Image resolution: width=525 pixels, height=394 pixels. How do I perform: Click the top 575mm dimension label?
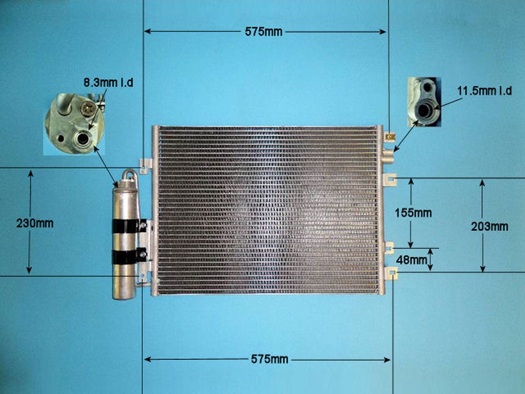pyautogui.click(x=264, y=32)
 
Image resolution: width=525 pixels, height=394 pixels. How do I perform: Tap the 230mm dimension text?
pyautogui.click(x=35, y=224)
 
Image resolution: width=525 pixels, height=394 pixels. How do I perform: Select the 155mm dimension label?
pyautogui.click(x=413, y=213)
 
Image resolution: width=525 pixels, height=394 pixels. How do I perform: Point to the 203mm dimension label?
pyautogui.click(x=490, y=227)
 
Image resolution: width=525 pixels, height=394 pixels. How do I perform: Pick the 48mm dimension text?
pyautogui.click(x=411, y=260)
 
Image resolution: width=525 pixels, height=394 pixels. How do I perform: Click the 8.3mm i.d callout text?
pyautogui.click(x=108, y=83)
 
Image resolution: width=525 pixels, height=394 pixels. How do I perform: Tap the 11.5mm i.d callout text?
pyautogui.click(x=484, y=91)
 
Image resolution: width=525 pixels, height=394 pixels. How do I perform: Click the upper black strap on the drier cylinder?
pyautogui.click(x=129, y=226)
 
